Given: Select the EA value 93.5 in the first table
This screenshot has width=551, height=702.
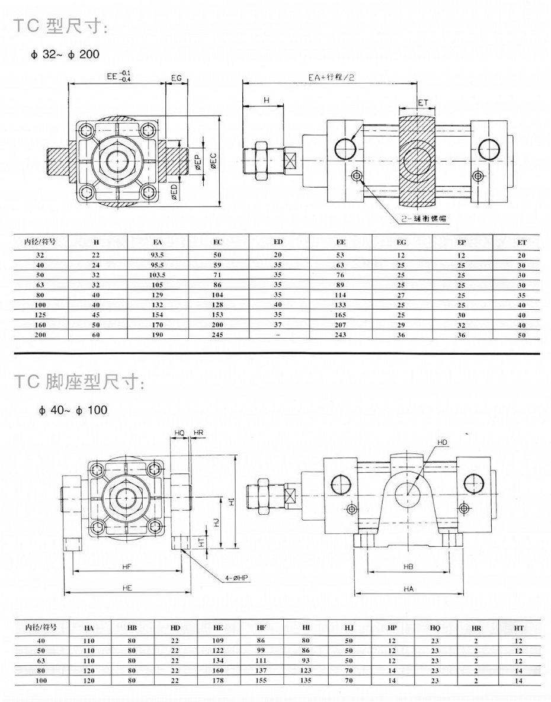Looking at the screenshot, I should point(157,255).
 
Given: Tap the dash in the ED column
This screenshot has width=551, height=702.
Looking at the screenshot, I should point(278,335).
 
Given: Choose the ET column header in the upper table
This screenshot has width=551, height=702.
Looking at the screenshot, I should point(521,242).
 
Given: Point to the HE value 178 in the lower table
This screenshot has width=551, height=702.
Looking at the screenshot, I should point(218,682).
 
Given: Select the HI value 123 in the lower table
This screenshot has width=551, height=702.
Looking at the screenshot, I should point(306,671).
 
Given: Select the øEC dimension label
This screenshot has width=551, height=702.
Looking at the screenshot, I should point(212,159).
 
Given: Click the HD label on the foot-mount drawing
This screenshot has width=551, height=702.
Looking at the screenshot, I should point(442,442).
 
